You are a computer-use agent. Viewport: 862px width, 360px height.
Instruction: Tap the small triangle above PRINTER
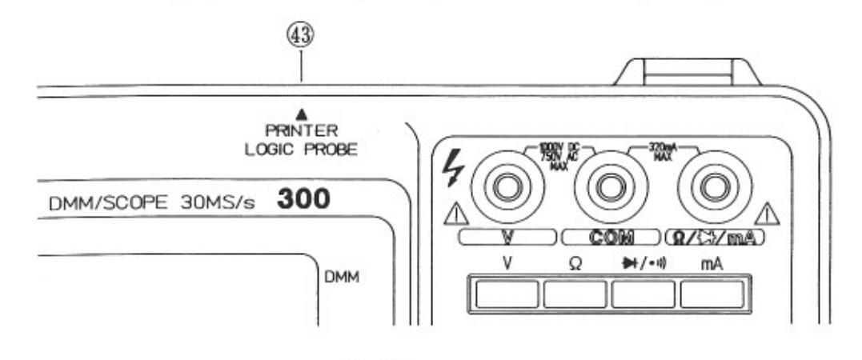pyautogui.click(x=302, y=117)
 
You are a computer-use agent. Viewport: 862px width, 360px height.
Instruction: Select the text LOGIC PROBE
pyautogui.click(x=301, y=149)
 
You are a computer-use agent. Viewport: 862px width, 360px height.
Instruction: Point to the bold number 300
pyautogui.click(x=303, y=201)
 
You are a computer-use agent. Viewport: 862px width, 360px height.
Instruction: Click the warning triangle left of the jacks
pyautogui.click(x=456, y=215)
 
